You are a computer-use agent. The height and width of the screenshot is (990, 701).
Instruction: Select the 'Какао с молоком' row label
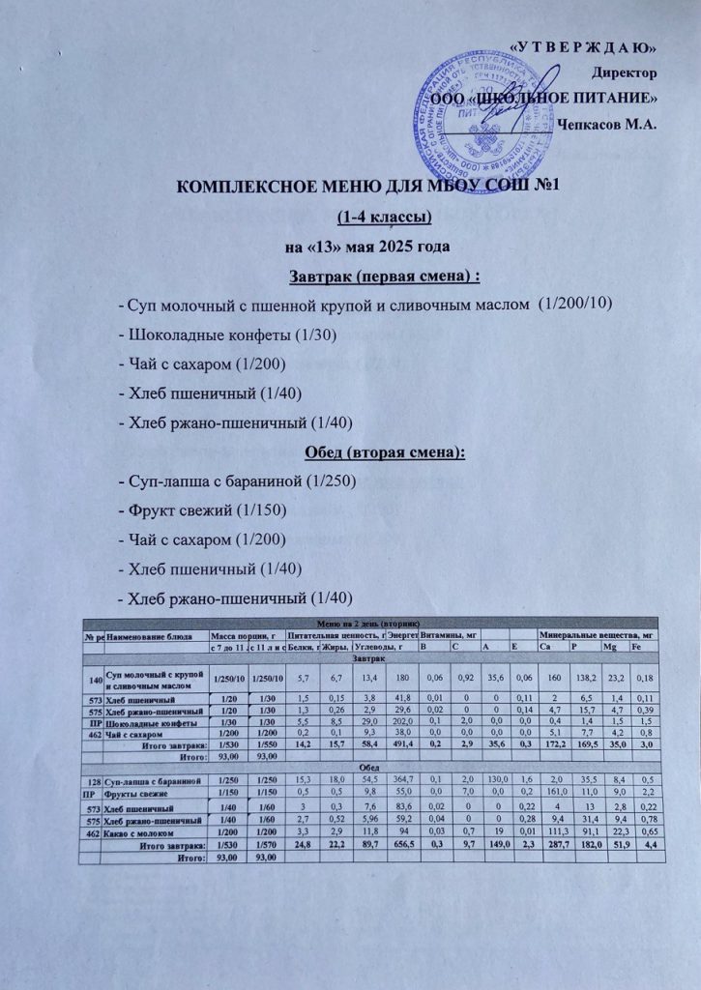click(144, 830)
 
